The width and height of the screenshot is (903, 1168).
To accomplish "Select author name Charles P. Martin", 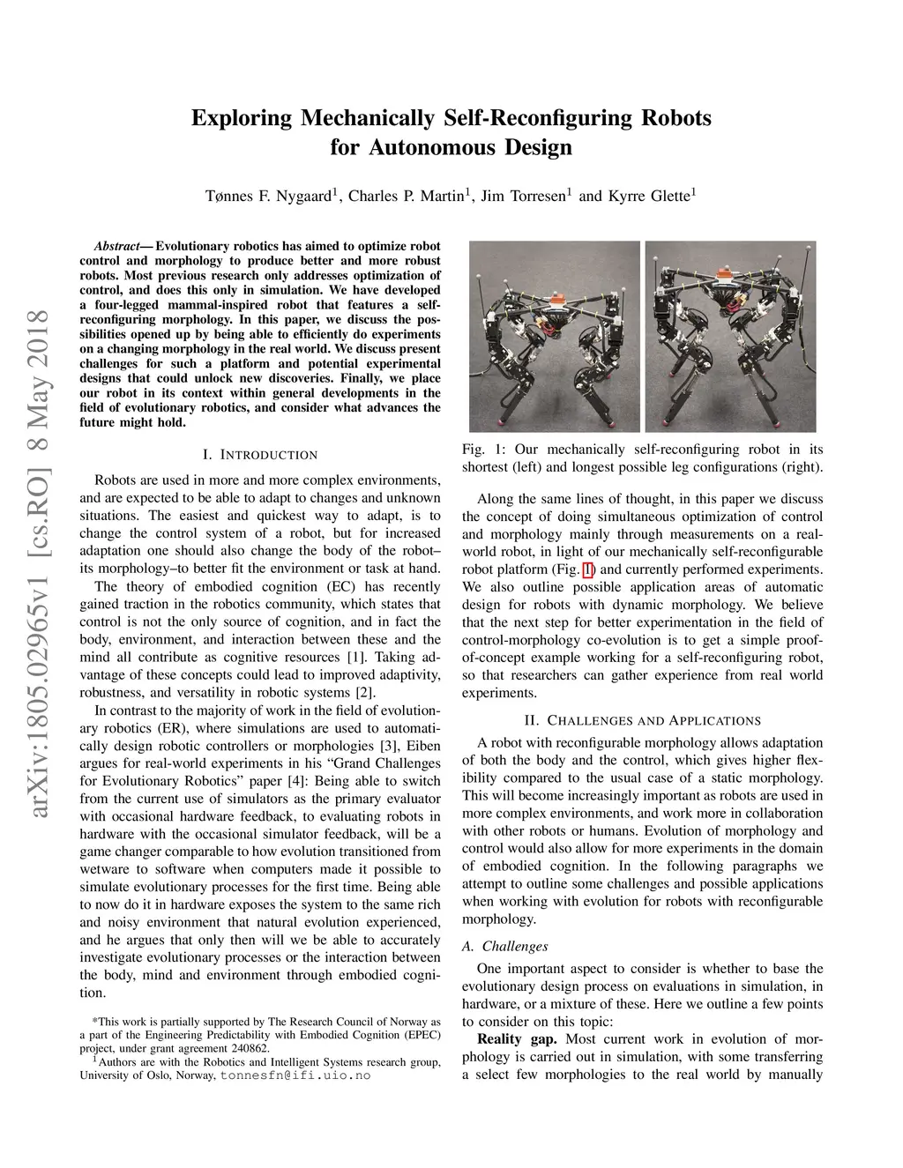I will (406, 196).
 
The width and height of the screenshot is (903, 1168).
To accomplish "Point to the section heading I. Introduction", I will (260, 455).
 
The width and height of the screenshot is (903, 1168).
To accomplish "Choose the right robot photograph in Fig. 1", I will (731, 336).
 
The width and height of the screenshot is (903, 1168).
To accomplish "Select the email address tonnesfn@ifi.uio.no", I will (295, 1076).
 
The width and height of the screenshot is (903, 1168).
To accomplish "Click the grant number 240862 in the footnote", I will (249, 1048).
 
